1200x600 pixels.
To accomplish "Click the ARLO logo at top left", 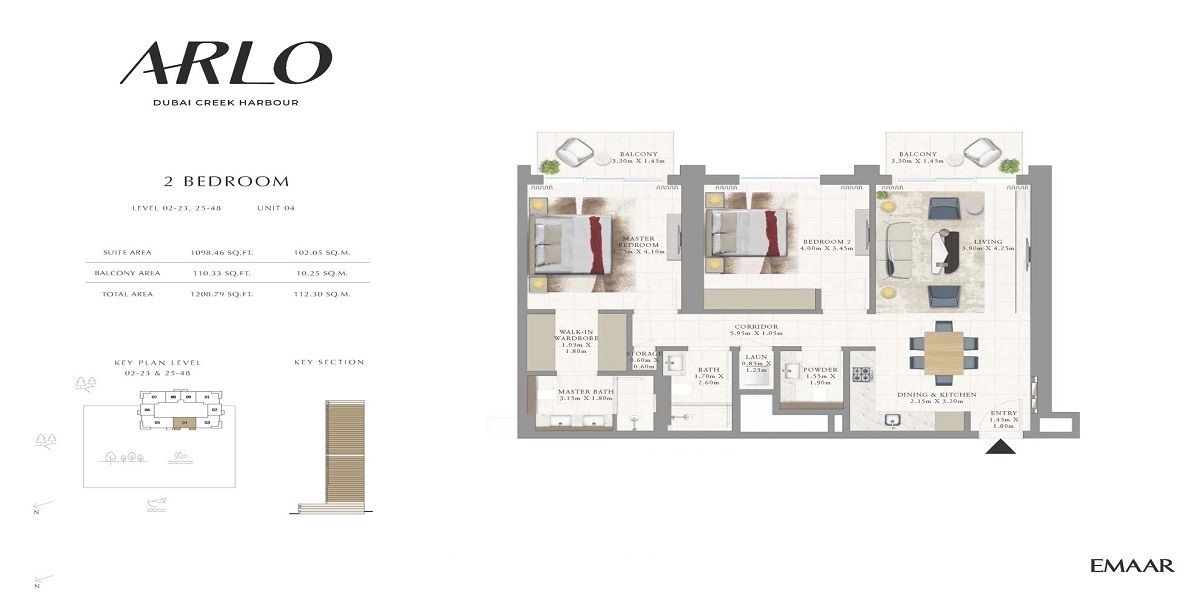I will (x=225, y=63).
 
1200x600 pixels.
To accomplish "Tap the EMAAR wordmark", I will (x=1132, y=566).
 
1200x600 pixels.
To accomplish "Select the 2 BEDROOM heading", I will (x=226, y=182).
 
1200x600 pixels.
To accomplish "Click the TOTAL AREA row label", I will (x=127, y=294).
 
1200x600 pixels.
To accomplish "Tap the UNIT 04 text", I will (x=278, y=208).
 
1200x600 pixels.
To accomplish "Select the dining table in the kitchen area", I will (x=943, y=352).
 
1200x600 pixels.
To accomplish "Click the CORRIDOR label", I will (x=756, y=327).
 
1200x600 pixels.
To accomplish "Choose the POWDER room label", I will (x=820, y=369).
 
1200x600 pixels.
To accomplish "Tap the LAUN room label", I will (x=756, y=356).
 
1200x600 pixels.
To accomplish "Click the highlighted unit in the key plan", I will (x=183, y=421).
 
